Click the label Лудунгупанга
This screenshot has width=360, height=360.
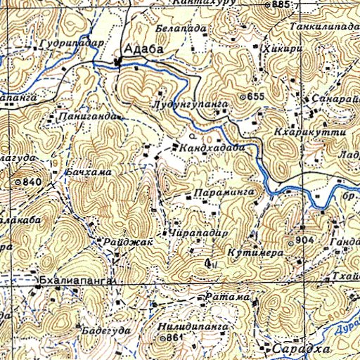pos(189,104)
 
